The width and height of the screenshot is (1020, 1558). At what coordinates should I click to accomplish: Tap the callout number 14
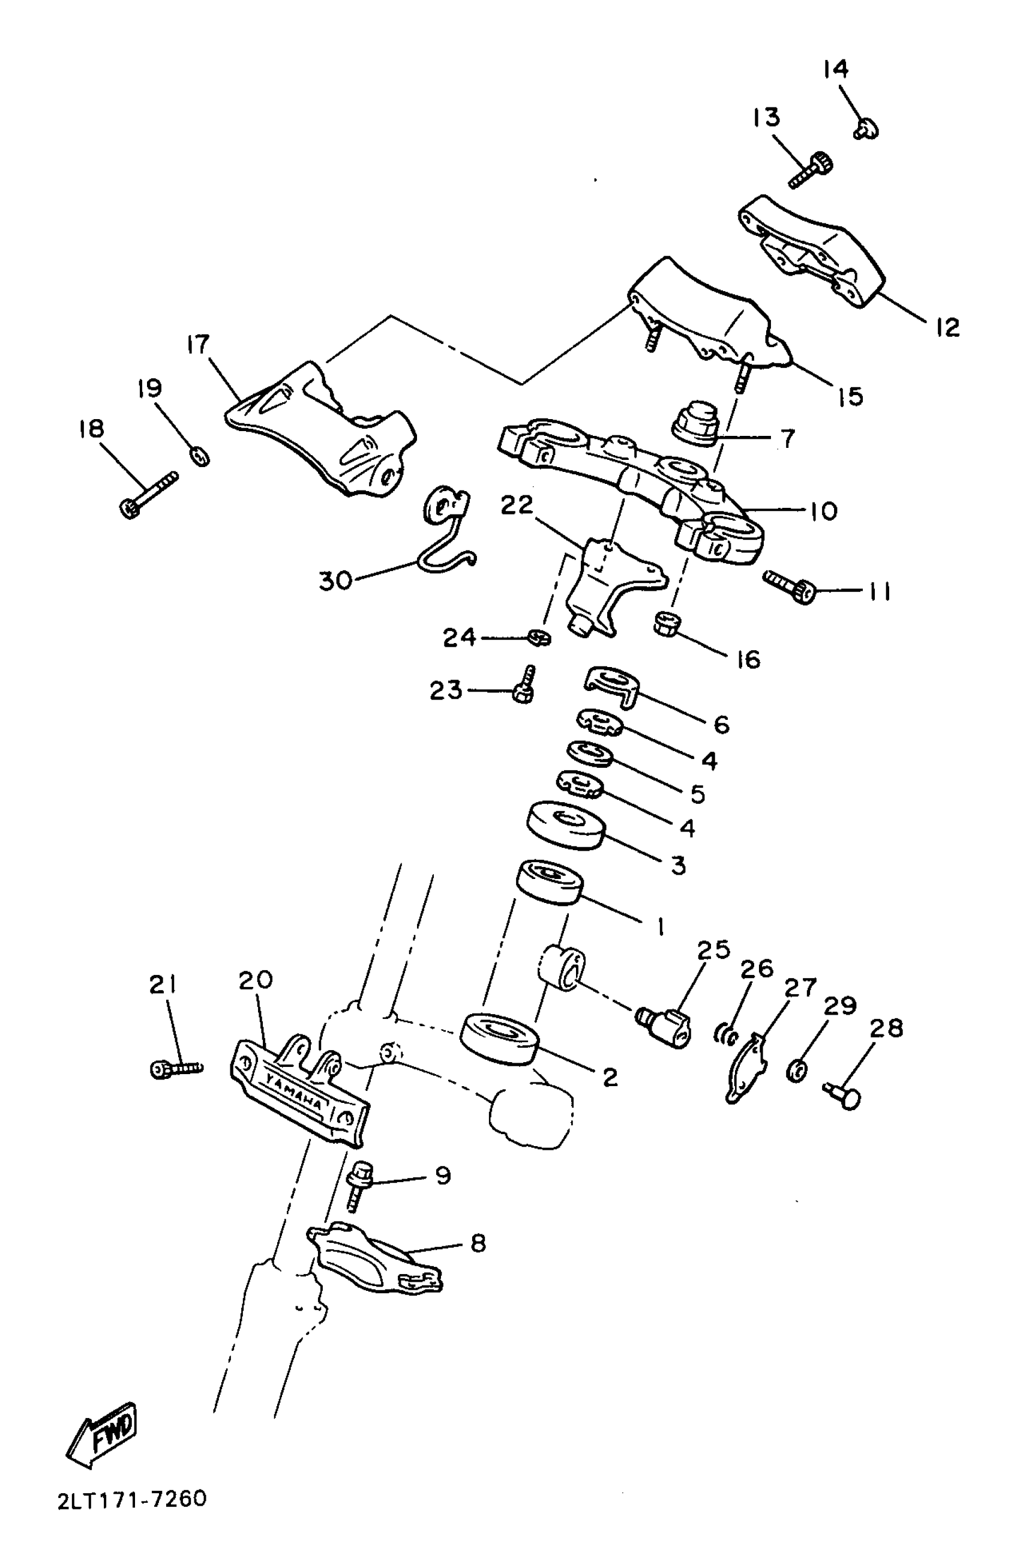point(835,68)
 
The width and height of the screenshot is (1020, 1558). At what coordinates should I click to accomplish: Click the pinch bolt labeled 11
point(790,587)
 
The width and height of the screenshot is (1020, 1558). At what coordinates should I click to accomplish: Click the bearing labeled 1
point(550,882)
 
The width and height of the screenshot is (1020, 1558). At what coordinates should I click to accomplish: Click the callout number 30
point(335,579)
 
